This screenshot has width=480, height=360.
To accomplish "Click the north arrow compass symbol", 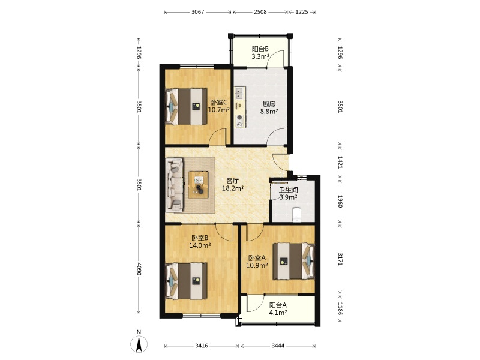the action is click(139, 343).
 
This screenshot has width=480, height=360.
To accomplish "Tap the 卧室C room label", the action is click(219, 102).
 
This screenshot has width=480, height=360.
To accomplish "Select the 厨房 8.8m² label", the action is click(269, 107).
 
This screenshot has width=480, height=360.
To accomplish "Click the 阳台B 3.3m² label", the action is click(260, 52).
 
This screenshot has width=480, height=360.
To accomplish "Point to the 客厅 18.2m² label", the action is click(233, 184).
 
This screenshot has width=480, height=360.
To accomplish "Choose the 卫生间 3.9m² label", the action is click(289, 193).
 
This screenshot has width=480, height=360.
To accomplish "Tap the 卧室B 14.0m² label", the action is click(200, 241).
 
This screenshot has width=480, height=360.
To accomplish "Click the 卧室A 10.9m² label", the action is click(257, 262).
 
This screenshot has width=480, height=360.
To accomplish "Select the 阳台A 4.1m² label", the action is click(278, 308).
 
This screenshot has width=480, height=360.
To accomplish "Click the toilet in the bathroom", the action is click(297, 214).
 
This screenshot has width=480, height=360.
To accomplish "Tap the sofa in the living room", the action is click(175, 185).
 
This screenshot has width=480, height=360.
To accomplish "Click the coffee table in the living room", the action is click(199, 185).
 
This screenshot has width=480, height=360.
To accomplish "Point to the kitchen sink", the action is click(239, 94).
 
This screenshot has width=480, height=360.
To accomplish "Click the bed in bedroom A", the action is click(294, 261).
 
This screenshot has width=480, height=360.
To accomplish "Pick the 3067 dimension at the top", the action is click(198, 12).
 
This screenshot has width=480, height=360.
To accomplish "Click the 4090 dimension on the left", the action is click(139, 269).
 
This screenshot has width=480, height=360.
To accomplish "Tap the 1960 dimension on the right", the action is click(340, 201).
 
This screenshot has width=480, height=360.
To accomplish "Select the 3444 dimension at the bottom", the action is click(278, 346).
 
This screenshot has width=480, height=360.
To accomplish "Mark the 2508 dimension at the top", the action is click(260, 12).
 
